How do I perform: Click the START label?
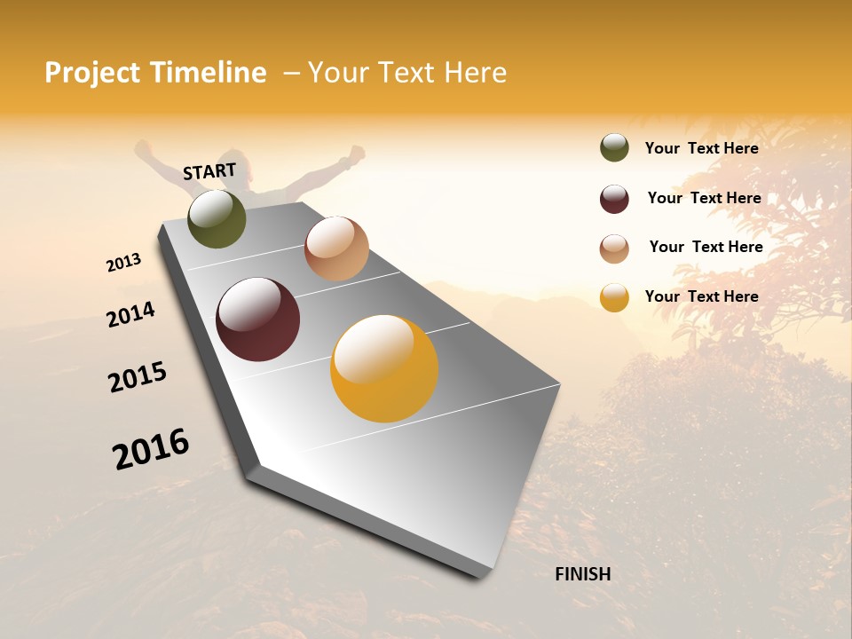209,171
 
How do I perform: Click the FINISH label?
583,574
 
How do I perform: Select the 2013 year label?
123,263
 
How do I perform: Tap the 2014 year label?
130,314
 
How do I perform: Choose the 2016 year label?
151,449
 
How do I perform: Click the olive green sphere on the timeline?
217,218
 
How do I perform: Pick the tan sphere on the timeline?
336,248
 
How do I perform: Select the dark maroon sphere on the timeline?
257,319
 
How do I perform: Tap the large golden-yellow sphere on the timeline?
384,368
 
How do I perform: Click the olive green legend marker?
614,148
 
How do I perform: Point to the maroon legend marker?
614,199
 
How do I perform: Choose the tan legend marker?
614,248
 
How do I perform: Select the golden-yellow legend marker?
614,297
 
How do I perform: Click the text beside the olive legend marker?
701,148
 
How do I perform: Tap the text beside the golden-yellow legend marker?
701,296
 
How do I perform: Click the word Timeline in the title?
208,73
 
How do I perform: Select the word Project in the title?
93,73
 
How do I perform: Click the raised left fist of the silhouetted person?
142,148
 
